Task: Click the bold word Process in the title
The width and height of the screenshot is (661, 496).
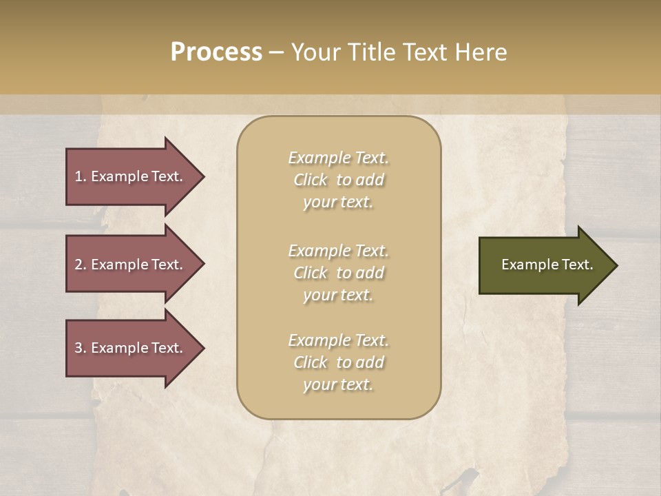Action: tap(216, 52)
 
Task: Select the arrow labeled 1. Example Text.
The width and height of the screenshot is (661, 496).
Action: tap(131, 176)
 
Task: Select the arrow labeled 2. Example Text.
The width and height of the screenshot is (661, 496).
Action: tap(131, 265)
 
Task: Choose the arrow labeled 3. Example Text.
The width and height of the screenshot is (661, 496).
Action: tap(131, 348)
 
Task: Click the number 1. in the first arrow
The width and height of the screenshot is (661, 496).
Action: tap(81, 176)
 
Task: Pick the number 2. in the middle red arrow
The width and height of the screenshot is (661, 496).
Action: tap(81, 265)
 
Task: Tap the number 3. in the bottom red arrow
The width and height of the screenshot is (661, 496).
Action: tap(81, 348)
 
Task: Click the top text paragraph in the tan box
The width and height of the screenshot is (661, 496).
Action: tap(338, 180)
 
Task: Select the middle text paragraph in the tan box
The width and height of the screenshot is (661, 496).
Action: tap(338, 273)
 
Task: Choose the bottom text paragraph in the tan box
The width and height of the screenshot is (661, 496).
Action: tap(338, 362)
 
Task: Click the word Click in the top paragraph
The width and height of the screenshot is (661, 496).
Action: tap(311, 180)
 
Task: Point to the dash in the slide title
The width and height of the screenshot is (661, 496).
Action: tap(276, 53)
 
